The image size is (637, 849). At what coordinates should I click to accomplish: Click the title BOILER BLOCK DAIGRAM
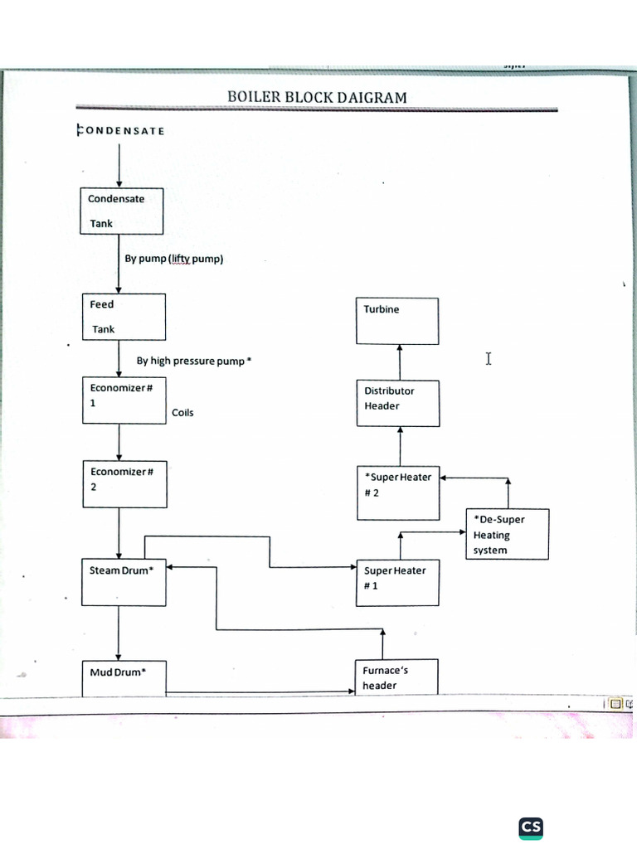coord(317,97)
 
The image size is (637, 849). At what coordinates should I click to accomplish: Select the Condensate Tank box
coord(122,211)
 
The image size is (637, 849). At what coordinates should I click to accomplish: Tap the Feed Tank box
coord(124,316)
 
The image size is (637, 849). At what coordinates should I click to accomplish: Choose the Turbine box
coord(397,321)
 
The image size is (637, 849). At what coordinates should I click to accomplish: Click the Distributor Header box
coord(397,404)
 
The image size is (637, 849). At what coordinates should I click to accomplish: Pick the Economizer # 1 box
coord(124,400)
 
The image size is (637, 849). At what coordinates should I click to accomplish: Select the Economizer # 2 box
coord(124,483)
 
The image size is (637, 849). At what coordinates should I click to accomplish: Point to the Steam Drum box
coord(124,582)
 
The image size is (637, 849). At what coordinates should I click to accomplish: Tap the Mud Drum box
coord(124,677)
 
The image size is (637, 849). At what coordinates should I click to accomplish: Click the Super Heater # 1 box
coord(397,583)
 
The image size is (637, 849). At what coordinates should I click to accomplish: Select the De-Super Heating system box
coord(507,534)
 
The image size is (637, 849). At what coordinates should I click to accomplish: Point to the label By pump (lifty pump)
coord(174,259)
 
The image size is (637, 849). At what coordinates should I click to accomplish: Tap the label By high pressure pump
coord(193,361)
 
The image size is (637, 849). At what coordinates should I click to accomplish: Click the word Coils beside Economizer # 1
coord(182,413)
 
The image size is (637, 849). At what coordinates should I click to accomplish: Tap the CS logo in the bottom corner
coord(531,827)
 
